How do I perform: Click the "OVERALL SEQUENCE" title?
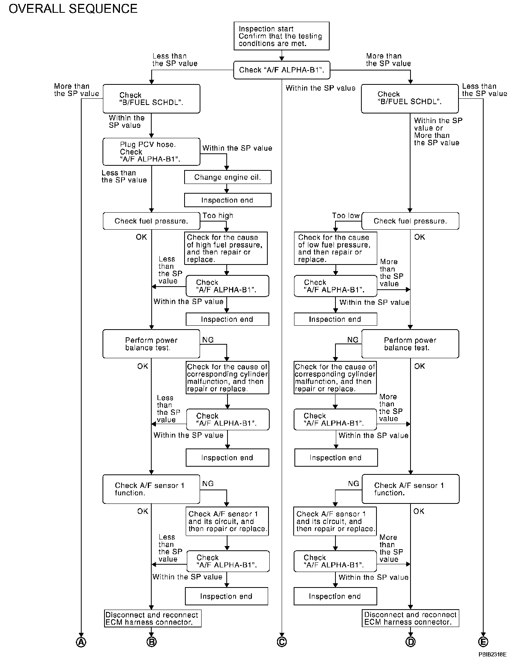click(x=73, y=9)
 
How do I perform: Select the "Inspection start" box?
click(x=281, y=36)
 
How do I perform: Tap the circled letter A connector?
click(x=81, y=642)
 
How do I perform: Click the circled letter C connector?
click(x=282, y=642)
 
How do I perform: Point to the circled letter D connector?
click(x=410, y=642)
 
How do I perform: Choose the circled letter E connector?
click(x=483, y=642)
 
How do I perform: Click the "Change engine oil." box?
click(x=227, y=177)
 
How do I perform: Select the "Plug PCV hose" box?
click(x=151, y=152)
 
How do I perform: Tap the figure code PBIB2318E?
click(x=492, y=655)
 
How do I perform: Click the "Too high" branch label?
click(x=218, y=216)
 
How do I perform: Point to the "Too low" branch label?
click(x=346, y=216)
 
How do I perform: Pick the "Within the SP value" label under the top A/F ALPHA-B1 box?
click(x=320, y=88)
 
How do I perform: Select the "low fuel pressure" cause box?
click(x=335, y=248)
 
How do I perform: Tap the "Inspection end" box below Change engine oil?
click(x=227, y=200)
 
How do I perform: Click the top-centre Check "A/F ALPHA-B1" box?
click(x=282, y=70)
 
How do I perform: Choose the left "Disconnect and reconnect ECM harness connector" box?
click(x=153, y=618)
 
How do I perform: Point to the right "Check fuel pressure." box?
click(x=410, y=221)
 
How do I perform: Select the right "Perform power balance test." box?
click(x=410, y=344)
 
